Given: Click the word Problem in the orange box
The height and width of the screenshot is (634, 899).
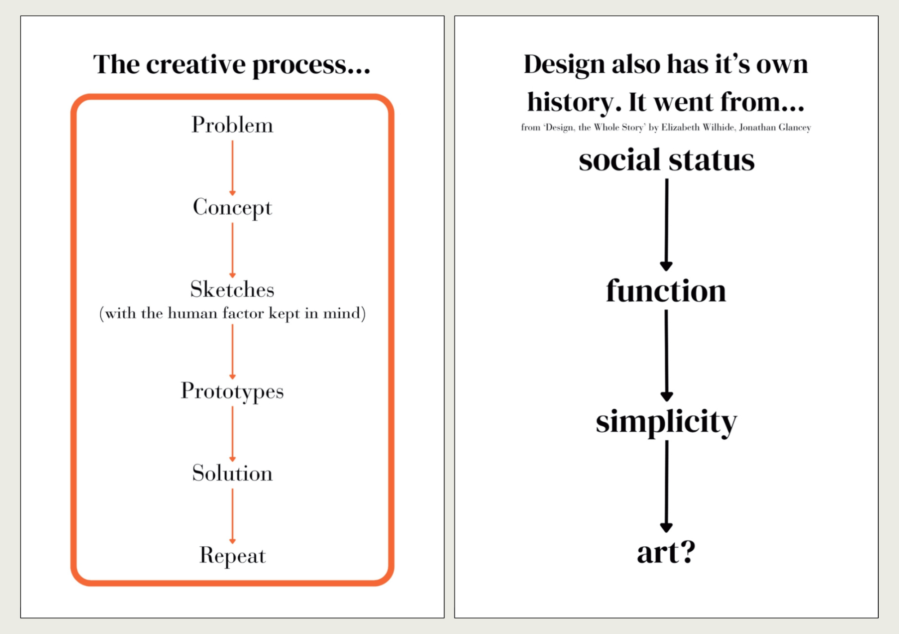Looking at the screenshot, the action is pos(232,125).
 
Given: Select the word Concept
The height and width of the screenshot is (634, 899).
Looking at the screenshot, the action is pos(232,208).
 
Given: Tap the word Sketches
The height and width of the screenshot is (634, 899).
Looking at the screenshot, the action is pos(232,289).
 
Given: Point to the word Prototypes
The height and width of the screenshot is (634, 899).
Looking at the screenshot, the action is pos(232,391).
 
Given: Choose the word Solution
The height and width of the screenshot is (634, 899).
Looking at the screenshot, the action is pos(232,473).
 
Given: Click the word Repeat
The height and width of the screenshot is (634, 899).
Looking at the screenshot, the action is pos(232,556).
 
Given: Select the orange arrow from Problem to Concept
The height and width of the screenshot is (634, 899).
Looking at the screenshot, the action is pos(232,168).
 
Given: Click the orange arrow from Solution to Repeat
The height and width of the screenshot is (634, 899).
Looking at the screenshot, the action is pos(232,516).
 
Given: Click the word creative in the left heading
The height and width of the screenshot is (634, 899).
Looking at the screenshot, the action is pos(196,64).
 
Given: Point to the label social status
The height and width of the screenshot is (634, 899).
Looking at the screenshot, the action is pos(667,161).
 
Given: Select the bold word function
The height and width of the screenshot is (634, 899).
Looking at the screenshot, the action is pos(666,290).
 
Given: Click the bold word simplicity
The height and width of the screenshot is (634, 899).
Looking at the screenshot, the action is pos(667,422).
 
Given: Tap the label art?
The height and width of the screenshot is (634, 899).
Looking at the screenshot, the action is pos(666,552).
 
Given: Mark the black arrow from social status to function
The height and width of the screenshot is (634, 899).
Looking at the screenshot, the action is pos(667,225).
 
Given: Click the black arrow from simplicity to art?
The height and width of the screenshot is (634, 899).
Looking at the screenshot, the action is pos(667,487).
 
